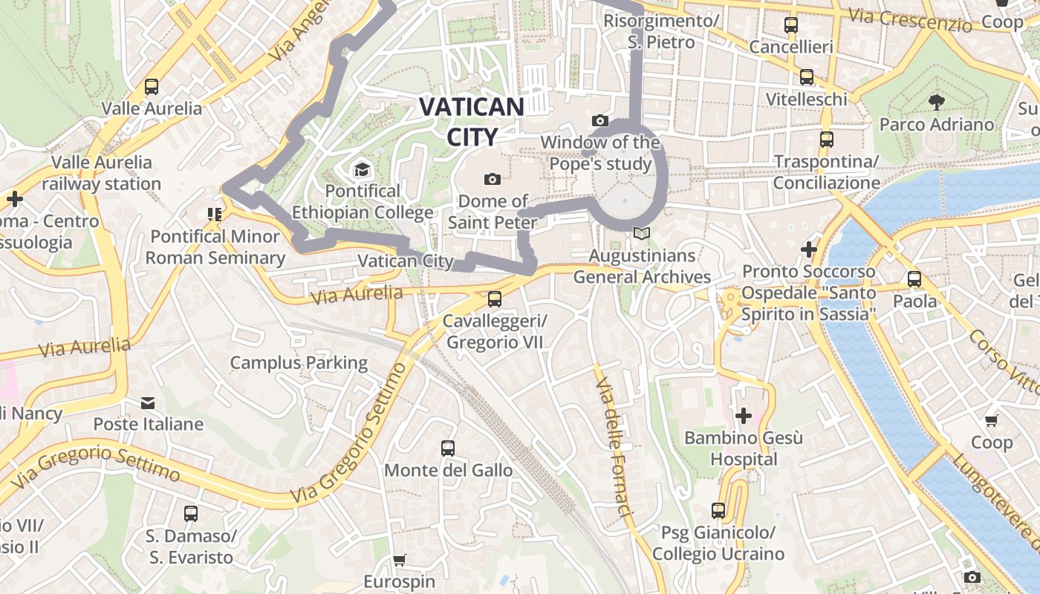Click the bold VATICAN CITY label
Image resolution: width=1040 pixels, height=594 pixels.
click(472, 121)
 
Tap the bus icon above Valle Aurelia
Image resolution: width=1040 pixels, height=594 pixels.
click(152, 86)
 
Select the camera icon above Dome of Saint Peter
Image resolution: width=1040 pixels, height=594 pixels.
click(492, 179)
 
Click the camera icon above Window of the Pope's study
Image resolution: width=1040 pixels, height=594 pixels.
click(600, 120)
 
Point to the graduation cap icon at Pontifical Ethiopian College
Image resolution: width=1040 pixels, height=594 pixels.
click(362, 170)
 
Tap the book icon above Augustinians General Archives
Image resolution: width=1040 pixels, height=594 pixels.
click(641, 234)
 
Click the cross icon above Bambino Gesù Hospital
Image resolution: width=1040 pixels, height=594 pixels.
click(743, 416)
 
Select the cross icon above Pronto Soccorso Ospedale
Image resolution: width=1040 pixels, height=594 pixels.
click(809, 249)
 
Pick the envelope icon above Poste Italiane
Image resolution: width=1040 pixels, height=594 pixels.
click(148, 403)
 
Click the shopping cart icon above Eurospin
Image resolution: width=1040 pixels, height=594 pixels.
click(400, 559)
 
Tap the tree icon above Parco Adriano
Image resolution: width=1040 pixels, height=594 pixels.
click(936, 102)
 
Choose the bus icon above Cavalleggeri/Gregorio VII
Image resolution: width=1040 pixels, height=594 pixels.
click(494, 299)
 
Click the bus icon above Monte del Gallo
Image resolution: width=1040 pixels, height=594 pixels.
click(447, 448)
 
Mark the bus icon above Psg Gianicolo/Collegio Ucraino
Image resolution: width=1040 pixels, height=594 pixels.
click(718, 511)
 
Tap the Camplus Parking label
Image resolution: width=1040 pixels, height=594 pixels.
click(299, 363)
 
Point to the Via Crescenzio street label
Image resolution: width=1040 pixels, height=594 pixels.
click(910, 21)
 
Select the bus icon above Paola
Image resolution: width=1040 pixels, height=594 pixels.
click(914, 279)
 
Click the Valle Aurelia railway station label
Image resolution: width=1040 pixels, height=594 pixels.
click(101, 173)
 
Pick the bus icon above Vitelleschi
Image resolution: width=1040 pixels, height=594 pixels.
click(806, 77)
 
